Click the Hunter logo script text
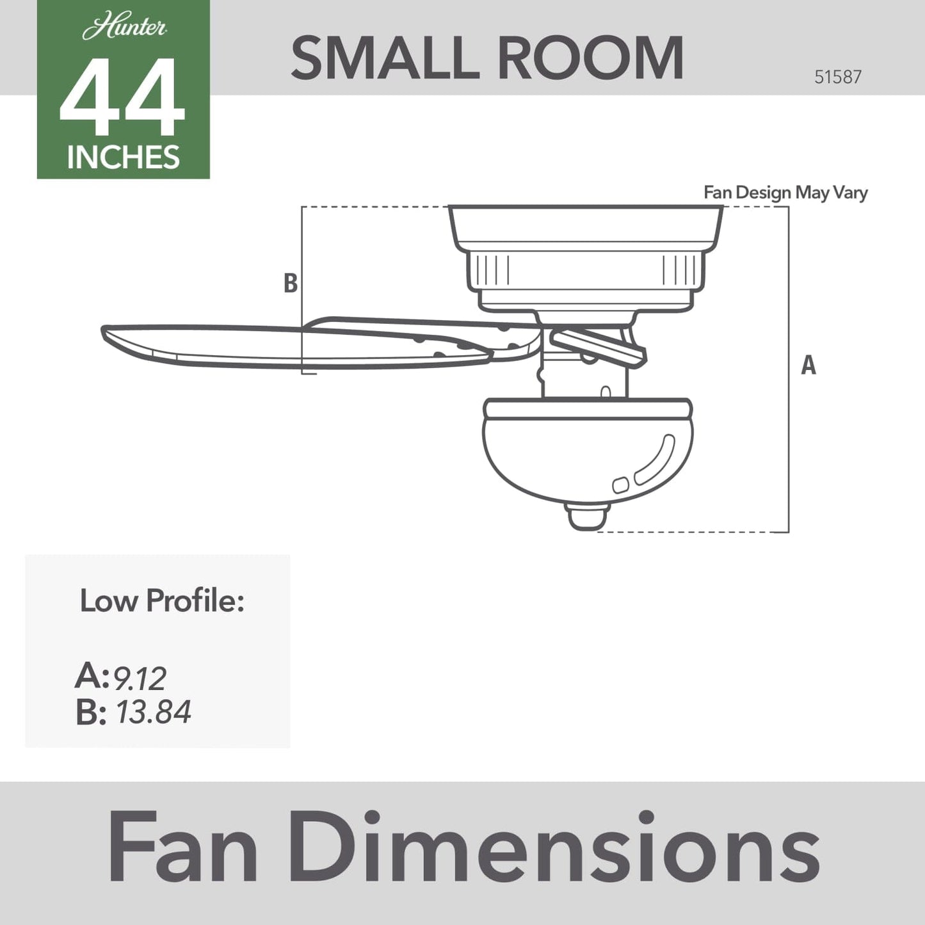(124, 28)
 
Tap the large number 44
(122, 97)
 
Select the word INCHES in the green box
(123, 157)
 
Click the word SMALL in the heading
(385, 58)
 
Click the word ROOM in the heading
(590, 58)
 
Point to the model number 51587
(837, 77)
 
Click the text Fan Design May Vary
(785, 193)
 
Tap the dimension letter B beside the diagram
(290, 283)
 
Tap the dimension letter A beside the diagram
(808, 365)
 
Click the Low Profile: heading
(162, 601)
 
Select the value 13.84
(153, 712)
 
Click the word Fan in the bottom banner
(182, 847)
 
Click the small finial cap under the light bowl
(587, 516)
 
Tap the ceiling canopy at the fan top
(585, 227)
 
